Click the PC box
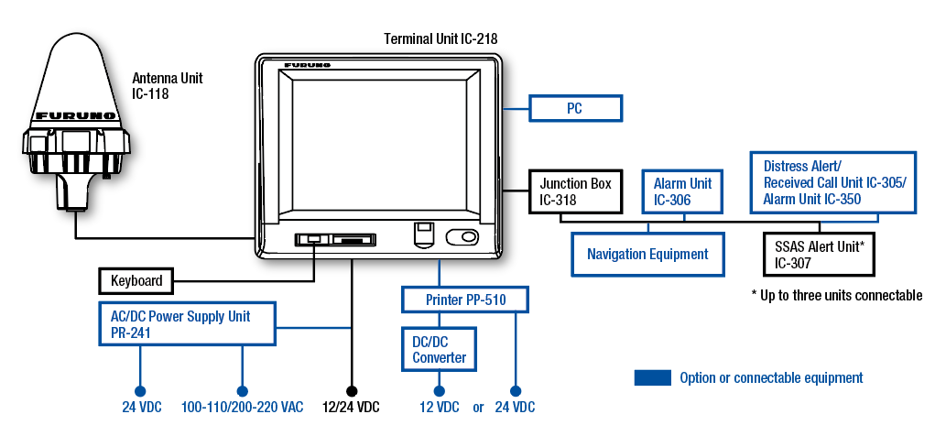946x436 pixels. (x=575, y=108)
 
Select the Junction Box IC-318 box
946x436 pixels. (x=575, y=191)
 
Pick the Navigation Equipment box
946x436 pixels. (x=647, y=254)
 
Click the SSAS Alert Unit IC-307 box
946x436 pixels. (x=818, y=255)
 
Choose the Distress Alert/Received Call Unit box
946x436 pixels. (x=834, y=182)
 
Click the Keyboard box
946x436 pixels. (x=136, y=281)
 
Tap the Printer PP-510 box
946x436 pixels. (x=465, y=300)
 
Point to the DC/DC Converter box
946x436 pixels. (x=439, y=350)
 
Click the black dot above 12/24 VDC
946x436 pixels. (x=352, y=389)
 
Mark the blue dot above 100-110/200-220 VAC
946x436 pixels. (x=242, y=389)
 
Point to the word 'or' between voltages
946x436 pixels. (x=478, y=408)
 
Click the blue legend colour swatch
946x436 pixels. (x=652, y=377)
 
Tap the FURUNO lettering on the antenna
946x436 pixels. (x=75, y=116)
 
